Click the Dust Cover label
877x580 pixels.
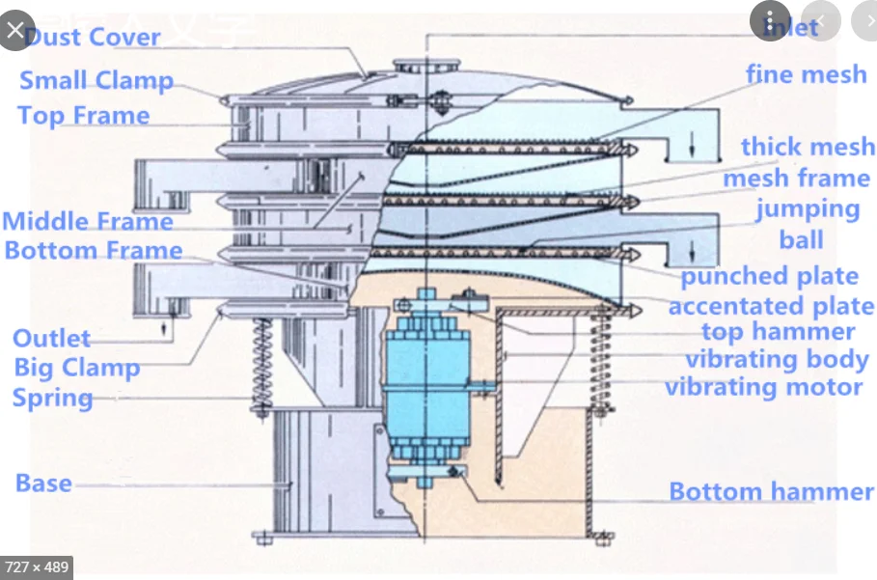[x=93, y=38]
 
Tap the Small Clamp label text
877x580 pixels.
[x=96, y=81]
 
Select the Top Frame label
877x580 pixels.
[x=84, y=116]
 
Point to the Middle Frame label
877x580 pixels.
[x=88, y=221]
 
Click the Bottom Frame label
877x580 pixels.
[x=94, y=251]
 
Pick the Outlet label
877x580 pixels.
[x=51, y=339]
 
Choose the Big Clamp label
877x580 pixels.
[x=77, y=368]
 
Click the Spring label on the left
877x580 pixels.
[x=53, y=398]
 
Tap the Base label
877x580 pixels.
[x=43, y=483]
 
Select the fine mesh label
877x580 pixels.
[x=806, y=74]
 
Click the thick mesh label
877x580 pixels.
[x=808, y=147]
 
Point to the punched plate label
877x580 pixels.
[x=769, y=277]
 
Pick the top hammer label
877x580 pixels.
[x=778, y=332]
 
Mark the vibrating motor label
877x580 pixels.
[x=763, y=387]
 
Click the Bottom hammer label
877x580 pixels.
[x=771, y=491]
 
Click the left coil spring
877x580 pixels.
[x=260, y=362]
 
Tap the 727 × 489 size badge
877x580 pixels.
[x=37, y=566]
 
